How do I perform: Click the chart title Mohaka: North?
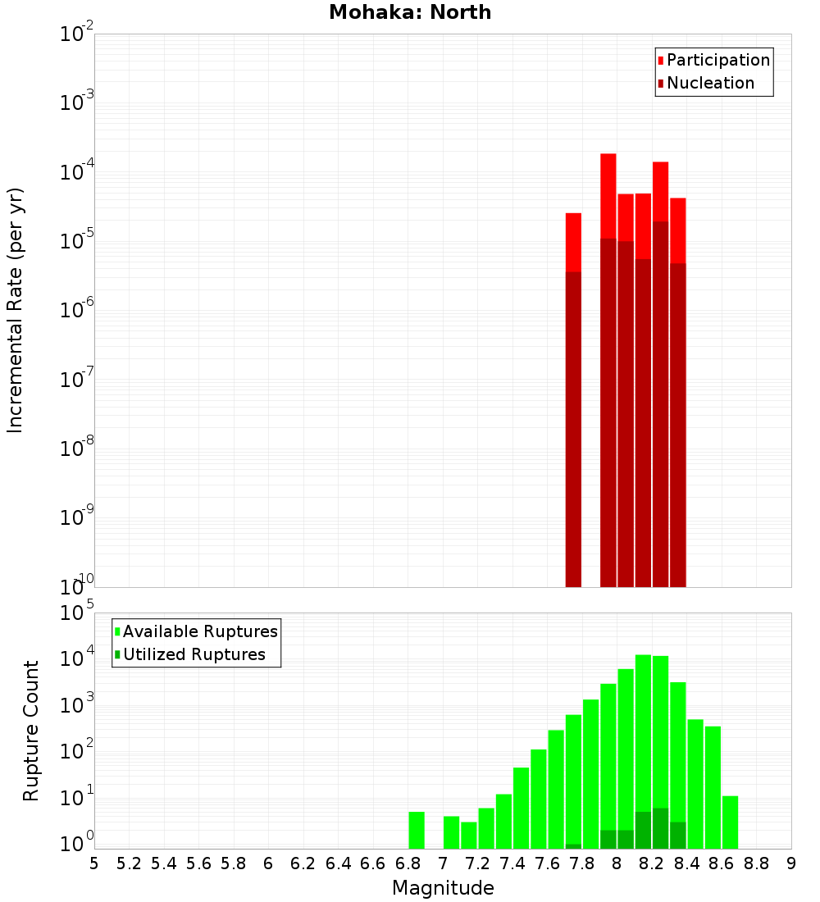coord(410,12)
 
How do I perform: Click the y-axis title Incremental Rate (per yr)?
coord(16,310)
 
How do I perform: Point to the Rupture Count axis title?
coord(31,730)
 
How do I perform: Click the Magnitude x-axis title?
coord(443,888)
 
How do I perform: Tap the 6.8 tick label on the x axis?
coord(408,863)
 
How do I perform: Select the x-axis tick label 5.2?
coord(130,863)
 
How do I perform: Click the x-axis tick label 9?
coord(791,863)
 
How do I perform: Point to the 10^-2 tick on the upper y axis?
coord(77,34)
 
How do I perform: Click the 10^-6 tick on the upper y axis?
coord(77,310)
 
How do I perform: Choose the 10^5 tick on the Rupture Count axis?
coord(77,613)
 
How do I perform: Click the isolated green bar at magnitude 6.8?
coord(417,830)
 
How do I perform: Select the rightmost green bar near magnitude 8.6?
coord(730,822)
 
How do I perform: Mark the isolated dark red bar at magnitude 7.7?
coord(573,426)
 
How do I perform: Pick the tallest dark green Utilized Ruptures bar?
coord(660,828)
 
